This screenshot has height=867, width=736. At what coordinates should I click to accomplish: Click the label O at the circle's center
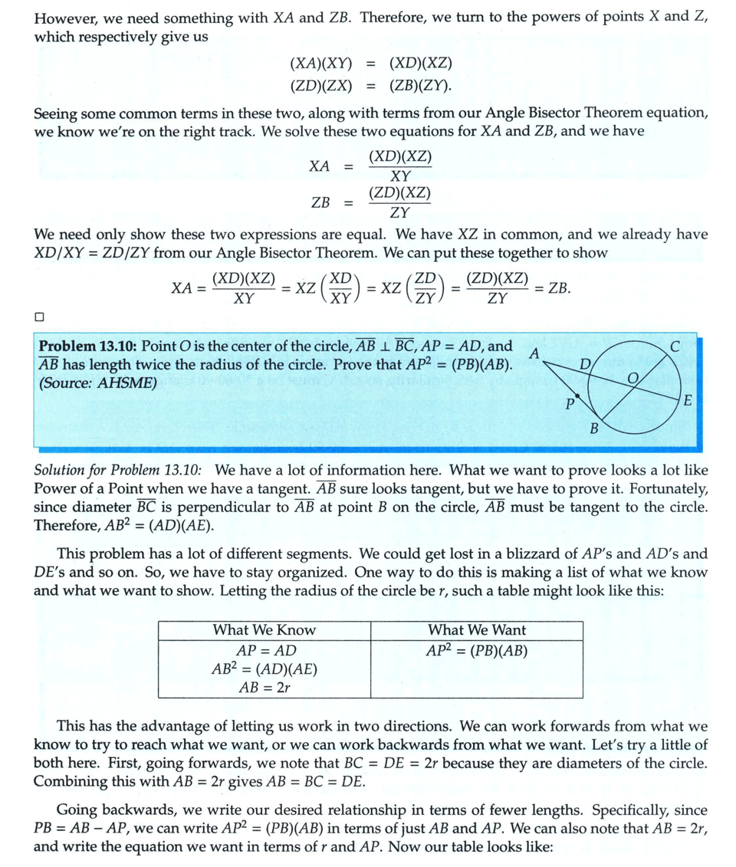[x=632, y=377]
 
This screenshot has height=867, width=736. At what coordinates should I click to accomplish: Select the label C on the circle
[x=674, y=346]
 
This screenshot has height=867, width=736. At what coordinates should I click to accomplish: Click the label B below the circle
[x=593, y=428]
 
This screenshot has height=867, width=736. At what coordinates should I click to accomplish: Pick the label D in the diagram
[x=585, y=365]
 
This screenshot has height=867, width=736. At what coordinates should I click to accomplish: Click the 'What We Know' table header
[x=264, y=630]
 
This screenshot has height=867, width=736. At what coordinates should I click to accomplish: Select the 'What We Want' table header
[x=477, y=630]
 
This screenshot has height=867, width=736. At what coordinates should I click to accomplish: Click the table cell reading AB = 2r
[x=264, y=687]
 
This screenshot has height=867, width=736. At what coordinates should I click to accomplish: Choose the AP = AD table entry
[x=264, y=651]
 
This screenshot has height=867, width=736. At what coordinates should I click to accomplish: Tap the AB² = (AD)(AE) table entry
[x=264, y=668]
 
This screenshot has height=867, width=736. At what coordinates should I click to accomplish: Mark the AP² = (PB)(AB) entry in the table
[x=477, y=651]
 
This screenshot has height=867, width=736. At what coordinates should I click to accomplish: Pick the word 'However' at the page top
[x=64, y=18]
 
